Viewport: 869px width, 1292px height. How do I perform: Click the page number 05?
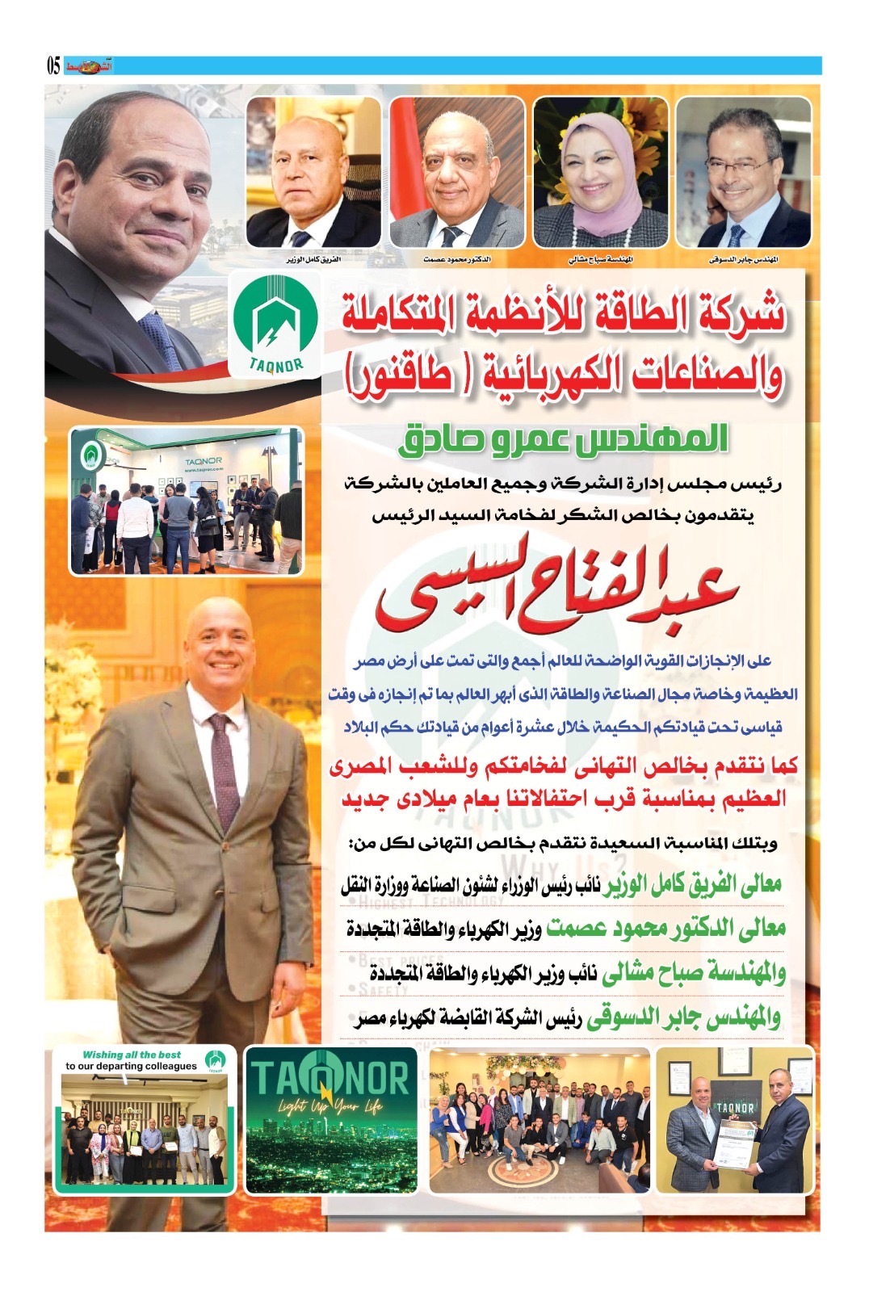53,65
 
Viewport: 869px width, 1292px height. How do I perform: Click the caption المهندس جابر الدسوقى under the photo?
743,260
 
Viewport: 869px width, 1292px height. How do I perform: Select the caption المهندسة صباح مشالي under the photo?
601,260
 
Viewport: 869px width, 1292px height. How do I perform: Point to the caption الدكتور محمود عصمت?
457,260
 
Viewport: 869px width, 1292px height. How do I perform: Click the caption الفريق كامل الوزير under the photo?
313,260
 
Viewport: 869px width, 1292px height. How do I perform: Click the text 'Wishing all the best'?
132,1055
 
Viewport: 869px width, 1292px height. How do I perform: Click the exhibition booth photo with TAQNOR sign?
187,501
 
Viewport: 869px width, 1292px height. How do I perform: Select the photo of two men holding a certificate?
735,1120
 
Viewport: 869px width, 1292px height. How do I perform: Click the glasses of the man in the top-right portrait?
741,165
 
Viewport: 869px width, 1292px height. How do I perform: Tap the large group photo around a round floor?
539,1120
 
